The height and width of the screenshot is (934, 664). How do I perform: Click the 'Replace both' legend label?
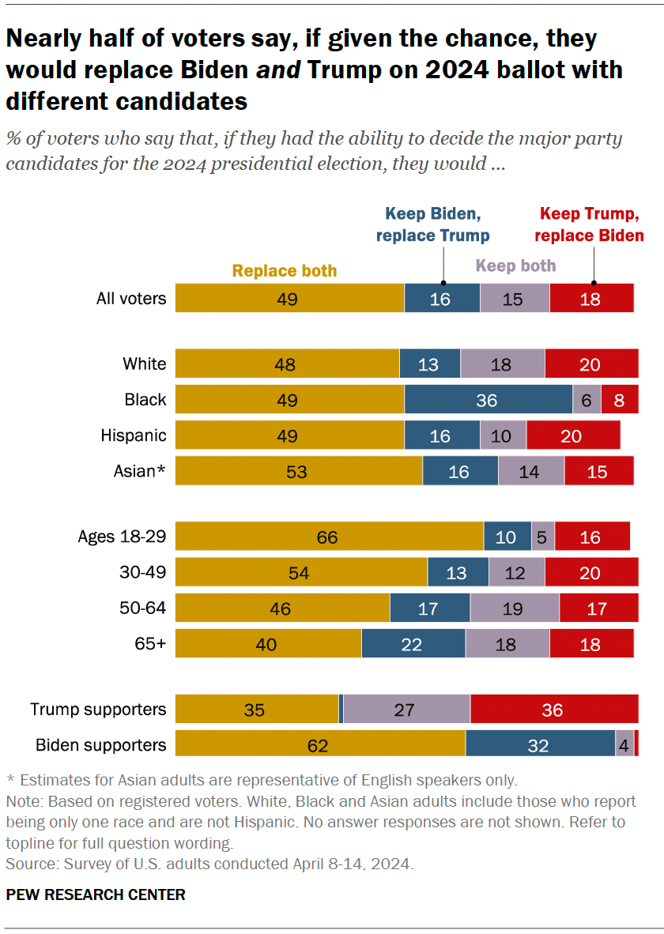[285, 271]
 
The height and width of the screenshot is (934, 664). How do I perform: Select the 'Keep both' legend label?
[516, 266]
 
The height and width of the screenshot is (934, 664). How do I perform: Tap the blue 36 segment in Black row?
[488, 400]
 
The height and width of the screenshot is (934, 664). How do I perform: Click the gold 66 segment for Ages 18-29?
[328, 537]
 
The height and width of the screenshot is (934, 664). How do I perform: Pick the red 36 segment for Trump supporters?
[553, 710]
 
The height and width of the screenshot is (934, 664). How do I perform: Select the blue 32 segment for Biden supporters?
[540, 745]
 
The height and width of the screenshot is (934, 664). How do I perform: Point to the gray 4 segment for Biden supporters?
[624, 745]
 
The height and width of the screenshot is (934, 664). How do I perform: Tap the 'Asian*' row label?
[140, 471]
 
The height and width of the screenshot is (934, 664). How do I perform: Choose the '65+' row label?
[150, 643]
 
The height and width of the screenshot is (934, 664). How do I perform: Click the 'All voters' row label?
[131, 299]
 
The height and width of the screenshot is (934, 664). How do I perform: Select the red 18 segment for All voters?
[590, 299]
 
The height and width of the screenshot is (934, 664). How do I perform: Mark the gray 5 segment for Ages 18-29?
[543, 537]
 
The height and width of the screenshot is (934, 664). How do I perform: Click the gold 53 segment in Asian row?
[298, 472]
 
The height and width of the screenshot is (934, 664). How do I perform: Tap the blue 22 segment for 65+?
[413, 644]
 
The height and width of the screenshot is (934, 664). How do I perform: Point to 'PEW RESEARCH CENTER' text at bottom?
[96, 894]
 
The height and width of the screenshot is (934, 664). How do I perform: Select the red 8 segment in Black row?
[619, 400]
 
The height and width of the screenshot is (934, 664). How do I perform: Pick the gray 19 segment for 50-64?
[515, 608]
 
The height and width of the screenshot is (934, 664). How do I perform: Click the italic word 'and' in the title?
[279, 70]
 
